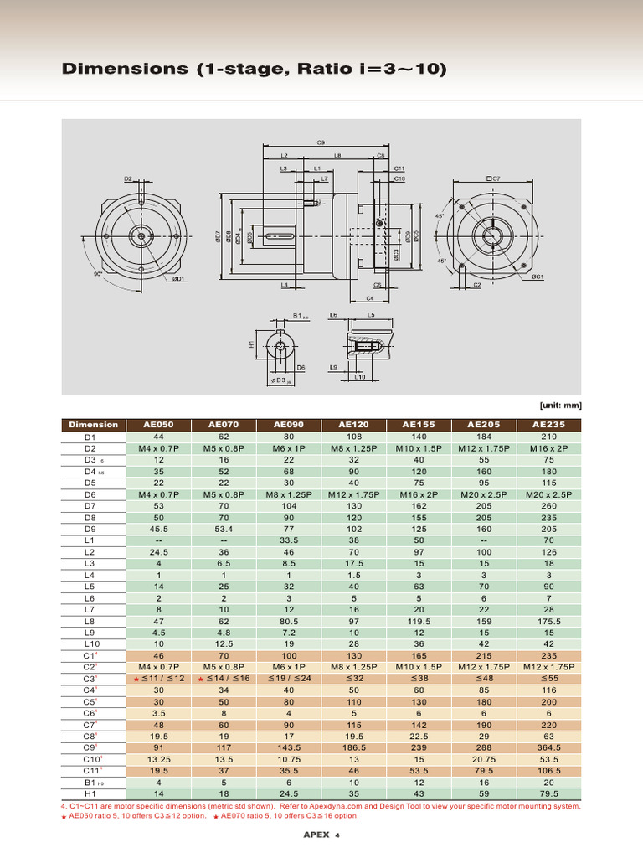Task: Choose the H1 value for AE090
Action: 289,794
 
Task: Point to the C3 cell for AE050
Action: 158,677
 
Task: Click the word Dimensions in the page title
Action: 126,69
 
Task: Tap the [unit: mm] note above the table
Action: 560,406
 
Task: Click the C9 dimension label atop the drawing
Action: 321,143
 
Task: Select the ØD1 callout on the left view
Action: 177,279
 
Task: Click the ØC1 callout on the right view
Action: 537,277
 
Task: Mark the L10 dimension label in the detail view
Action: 359,377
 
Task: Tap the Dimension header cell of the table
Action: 93,425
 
